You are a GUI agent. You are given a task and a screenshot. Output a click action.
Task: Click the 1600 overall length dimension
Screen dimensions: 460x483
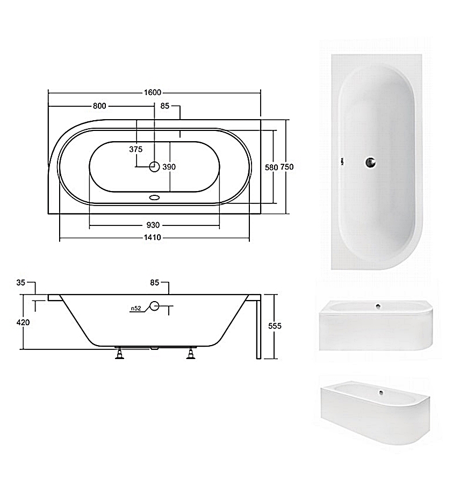click(153, 92)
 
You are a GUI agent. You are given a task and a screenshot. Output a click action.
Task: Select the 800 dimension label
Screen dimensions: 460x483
click(99, 106)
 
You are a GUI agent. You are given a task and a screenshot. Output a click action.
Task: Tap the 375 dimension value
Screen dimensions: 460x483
click(136, 149)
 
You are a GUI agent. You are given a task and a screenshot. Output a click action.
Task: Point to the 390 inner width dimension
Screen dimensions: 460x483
click(169, 167)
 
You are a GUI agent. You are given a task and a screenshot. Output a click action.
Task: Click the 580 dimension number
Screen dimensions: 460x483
click(271, 167)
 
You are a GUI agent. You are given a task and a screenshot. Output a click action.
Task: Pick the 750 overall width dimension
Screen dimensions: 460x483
click(287, 167)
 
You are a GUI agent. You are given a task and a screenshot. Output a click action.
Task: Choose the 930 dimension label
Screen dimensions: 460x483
click(153, 225)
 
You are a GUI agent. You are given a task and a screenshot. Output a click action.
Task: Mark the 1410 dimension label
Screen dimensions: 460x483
click(153, 238)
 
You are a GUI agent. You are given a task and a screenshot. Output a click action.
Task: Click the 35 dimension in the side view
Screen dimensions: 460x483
click(20, 282)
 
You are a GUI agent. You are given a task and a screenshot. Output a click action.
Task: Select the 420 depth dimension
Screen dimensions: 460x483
click(23, 323)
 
